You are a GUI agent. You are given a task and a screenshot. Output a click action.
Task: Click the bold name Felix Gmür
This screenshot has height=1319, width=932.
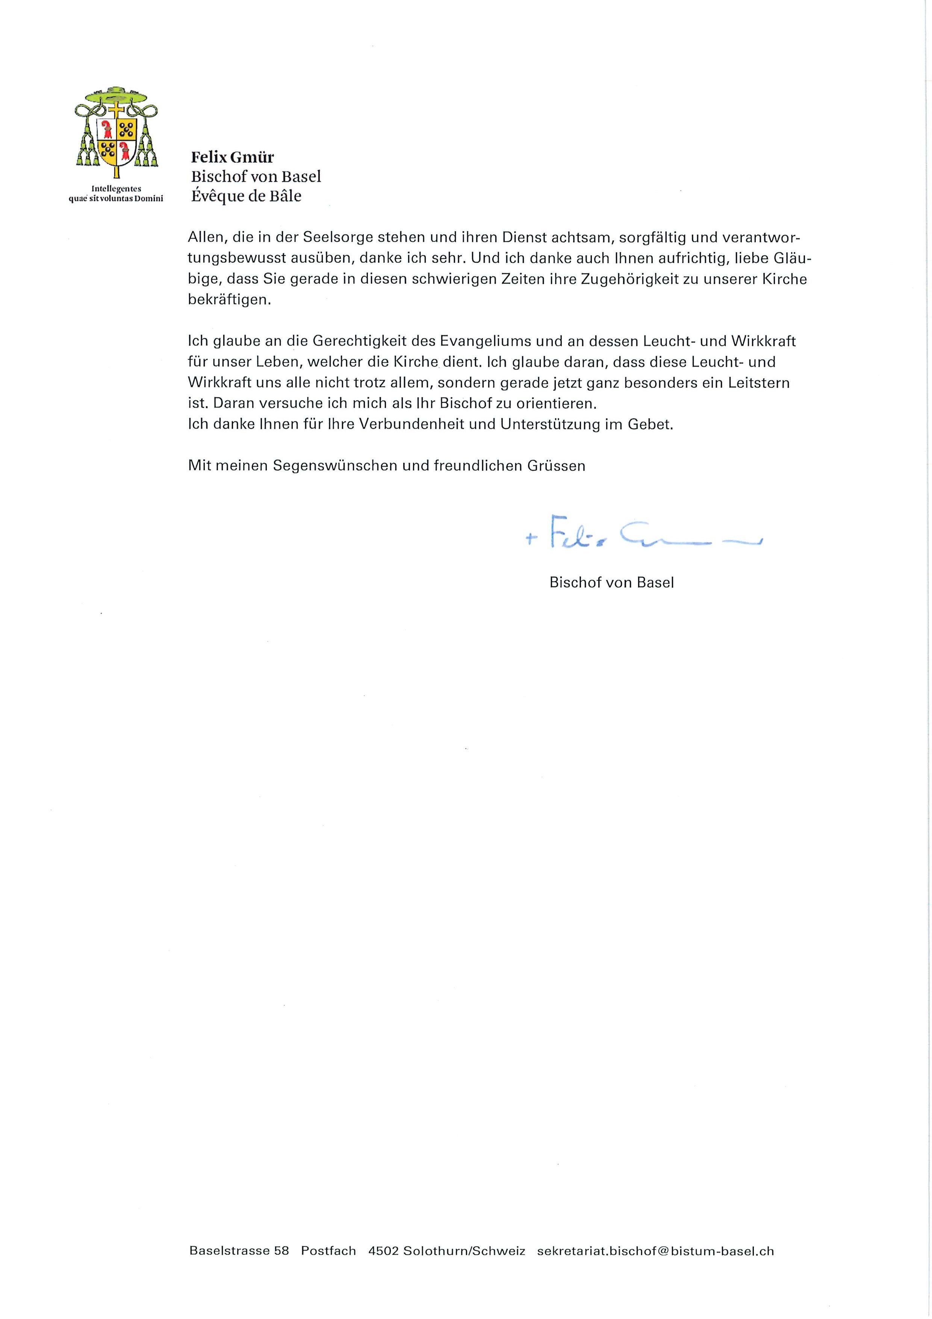coord(233,157)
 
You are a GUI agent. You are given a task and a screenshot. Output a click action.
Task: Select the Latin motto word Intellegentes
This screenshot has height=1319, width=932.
coord(116,188)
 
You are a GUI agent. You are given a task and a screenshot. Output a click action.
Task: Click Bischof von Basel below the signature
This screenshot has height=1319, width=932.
coord(611,582)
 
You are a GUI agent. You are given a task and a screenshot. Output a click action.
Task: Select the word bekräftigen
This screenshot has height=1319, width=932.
coord(228,300)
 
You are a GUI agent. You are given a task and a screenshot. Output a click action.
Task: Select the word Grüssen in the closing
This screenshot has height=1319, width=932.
coord(557,466)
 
